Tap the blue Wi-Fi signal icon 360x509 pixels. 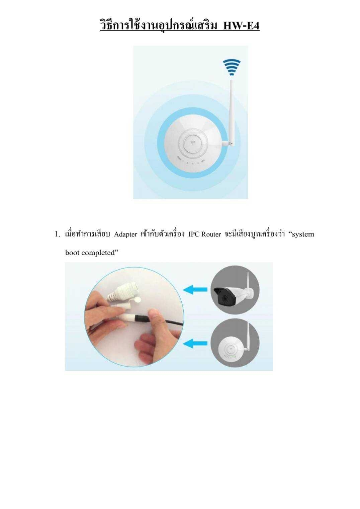click(232, 66)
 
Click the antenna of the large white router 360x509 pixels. click(231, 107)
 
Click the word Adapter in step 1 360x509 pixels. click(125, 234)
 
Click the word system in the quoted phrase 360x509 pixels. click(303, 234)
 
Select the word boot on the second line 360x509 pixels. click(72, 253)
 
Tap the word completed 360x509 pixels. click(98, 253)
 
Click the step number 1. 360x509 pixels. click(57, 234)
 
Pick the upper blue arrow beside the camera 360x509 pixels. click(195, 289)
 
